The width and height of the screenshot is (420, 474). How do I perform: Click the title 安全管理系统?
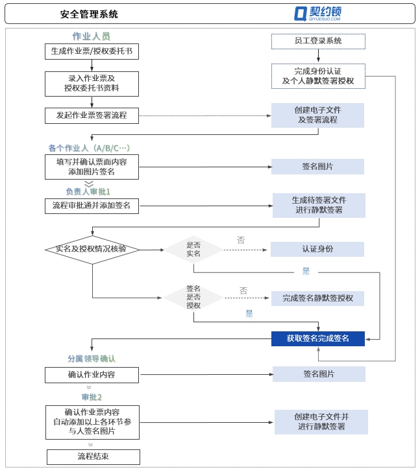[89, 14]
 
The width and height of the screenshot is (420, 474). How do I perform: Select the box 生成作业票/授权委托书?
[92, 51]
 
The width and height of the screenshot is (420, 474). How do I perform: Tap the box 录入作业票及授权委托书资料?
[92, 84]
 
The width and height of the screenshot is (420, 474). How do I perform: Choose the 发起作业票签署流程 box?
[92, 115]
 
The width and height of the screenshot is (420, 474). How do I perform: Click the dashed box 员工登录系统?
[317, 41]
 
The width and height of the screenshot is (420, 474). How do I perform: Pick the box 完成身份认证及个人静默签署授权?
[317, 76]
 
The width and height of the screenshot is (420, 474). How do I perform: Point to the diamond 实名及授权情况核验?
[92, 250]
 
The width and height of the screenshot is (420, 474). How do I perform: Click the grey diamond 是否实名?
[193, 249]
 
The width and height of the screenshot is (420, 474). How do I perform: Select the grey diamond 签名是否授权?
[193, 297]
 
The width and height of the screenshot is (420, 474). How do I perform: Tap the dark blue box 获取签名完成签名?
[317, 338]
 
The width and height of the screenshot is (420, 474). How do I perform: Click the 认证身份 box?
[317, 249]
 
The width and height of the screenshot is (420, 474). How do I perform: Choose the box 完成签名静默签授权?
[317, 298]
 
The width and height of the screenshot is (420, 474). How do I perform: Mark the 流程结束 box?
[93, 456]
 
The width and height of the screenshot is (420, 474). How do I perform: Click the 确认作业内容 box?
[92, 374]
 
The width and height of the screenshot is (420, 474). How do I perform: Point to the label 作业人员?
[91, 36]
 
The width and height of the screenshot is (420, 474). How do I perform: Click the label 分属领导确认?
[92, 358]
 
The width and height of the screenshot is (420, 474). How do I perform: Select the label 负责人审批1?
[88, 192]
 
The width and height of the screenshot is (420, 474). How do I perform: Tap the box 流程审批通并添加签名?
[92, 206]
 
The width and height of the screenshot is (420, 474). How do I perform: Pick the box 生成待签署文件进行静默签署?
[318, 205]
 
